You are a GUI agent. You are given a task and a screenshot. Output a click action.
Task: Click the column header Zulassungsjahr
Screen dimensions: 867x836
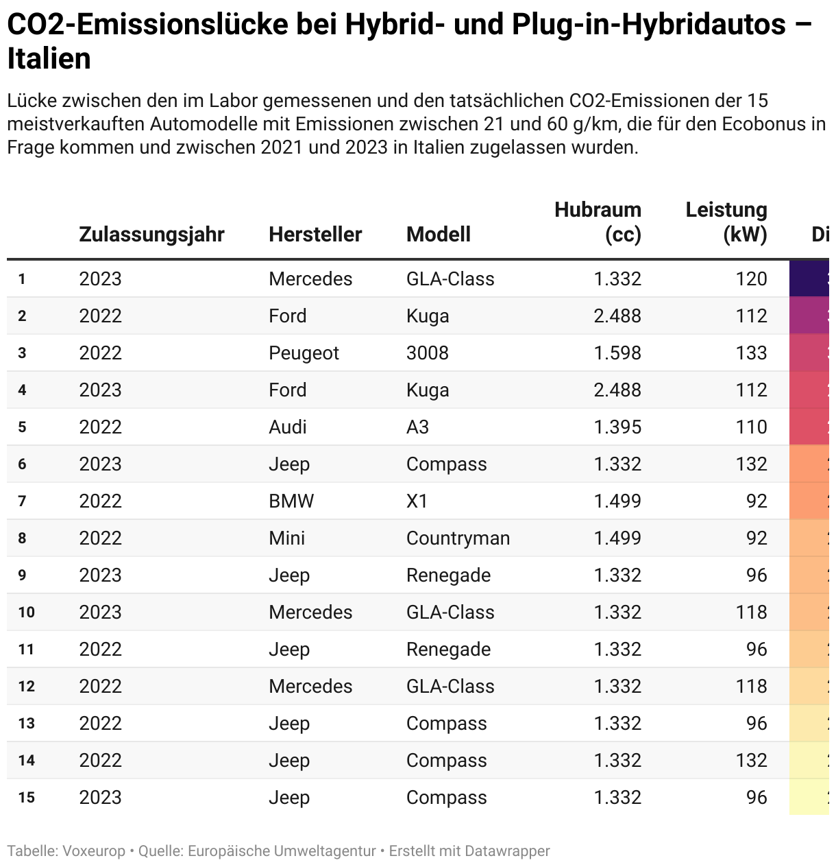(x=151, y=234)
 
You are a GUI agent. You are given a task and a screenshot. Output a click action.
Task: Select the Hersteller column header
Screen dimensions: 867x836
(x=315, y=234)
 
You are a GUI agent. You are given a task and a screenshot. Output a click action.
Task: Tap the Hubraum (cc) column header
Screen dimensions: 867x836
(x=598, y=222)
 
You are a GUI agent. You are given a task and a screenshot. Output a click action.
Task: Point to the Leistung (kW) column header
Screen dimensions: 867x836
(x=726, y=222)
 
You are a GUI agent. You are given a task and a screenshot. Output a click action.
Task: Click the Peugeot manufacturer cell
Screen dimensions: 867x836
(x=304, y=353)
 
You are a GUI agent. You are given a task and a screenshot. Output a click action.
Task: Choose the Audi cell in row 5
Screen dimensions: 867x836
(x=287, y=427)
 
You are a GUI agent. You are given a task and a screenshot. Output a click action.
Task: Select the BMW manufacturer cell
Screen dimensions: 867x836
(x=291, y=501)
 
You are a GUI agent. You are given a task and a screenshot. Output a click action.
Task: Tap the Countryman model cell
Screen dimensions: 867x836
(x=458, y=538)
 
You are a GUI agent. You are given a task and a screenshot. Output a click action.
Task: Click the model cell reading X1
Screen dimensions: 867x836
(x=417, y=501)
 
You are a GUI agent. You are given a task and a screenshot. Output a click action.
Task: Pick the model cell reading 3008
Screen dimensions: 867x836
(x=427, y=353)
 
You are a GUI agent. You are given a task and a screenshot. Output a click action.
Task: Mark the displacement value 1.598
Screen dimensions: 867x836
(x=617, y=353)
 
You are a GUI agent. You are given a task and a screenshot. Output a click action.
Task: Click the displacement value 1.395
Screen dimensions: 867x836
(x=617, y=427)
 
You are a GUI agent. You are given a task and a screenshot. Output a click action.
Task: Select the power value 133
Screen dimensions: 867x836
(x=751, y=353)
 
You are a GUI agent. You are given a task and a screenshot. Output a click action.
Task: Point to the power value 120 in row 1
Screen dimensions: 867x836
(x=751, y=278)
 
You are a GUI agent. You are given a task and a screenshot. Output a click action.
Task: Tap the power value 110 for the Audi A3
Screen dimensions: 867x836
(x=751, y=427)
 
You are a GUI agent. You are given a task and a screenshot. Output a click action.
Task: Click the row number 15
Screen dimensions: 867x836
(x=26, y=797)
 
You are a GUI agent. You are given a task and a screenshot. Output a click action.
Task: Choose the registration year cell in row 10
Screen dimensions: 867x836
(x=100, y=612)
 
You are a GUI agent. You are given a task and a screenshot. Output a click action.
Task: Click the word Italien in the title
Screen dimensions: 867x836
(x=49, y=59)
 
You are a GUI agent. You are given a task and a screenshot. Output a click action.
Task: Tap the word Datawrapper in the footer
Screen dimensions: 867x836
(x=507, y=851)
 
